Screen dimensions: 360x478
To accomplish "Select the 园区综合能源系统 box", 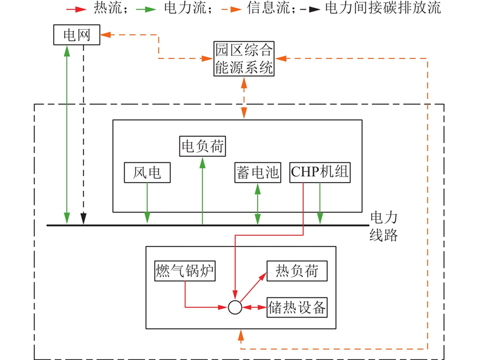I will [244, 59].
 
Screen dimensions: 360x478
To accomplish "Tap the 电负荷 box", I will [203, 145].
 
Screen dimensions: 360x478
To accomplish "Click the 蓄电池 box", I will [257, 173].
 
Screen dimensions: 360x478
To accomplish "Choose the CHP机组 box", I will [320, 173].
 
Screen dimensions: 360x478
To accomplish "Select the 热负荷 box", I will [292, 272].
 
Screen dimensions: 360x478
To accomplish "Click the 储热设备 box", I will [297, 307].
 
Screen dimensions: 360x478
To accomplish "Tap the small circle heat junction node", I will [235, 307].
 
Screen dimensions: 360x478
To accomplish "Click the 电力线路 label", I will [384, 226].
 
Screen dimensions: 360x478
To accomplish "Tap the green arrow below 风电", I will [146, 204].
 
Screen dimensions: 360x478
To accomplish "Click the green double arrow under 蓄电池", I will [258, 204].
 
